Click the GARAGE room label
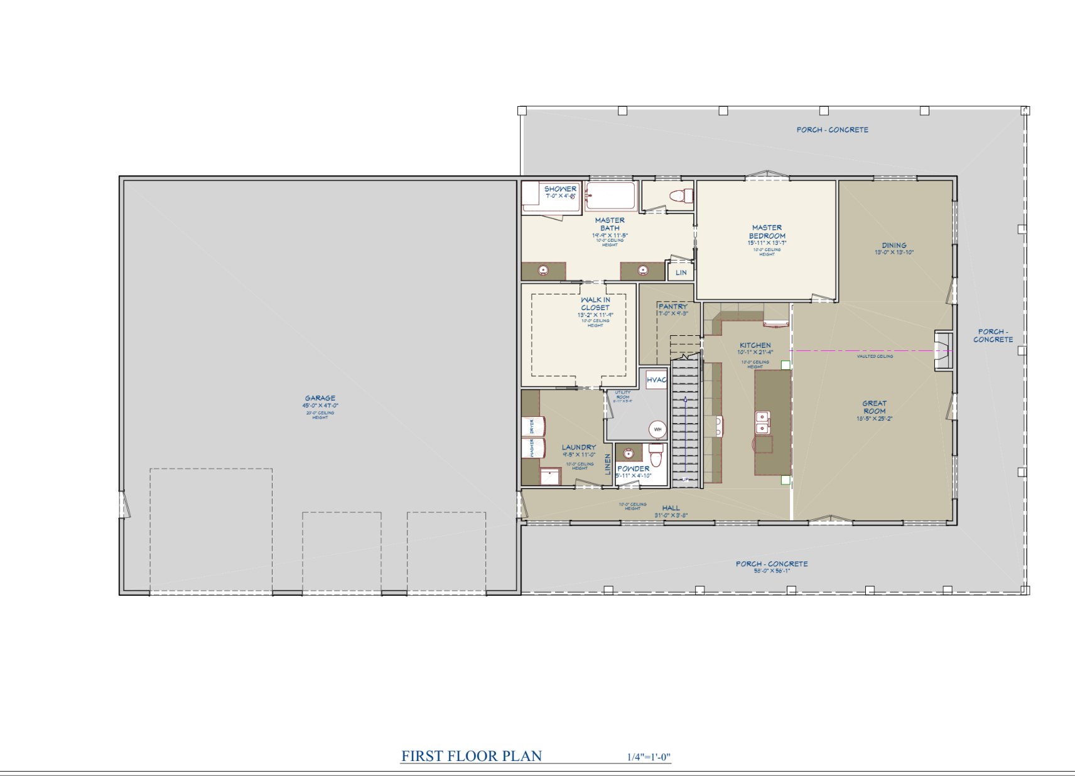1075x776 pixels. (320, 398)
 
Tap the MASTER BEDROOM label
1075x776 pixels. (767, 232)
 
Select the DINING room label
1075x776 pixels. (894, 245)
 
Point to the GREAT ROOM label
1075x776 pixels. (874, 407)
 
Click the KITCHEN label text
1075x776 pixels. (755, 345)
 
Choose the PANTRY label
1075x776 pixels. (673, 306)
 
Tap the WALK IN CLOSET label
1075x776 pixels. (595, 304)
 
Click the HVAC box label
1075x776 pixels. (656, 380)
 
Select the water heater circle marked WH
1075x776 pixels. (657, 429)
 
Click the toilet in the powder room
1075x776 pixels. (656, 454)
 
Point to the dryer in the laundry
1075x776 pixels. (533, 426)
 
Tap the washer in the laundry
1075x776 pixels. (533, 448)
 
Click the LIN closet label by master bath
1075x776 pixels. (681, 272)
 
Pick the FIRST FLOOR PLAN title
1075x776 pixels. (472, 756)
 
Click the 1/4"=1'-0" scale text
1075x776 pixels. (649, 757)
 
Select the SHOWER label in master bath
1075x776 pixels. (560, 188)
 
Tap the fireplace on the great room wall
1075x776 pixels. (943, 350)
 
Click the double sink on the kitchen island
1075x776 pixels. (762, 423)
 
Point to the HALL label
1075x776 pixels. (671, 508)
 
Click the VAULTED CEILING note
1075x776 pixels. (875, 356)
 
